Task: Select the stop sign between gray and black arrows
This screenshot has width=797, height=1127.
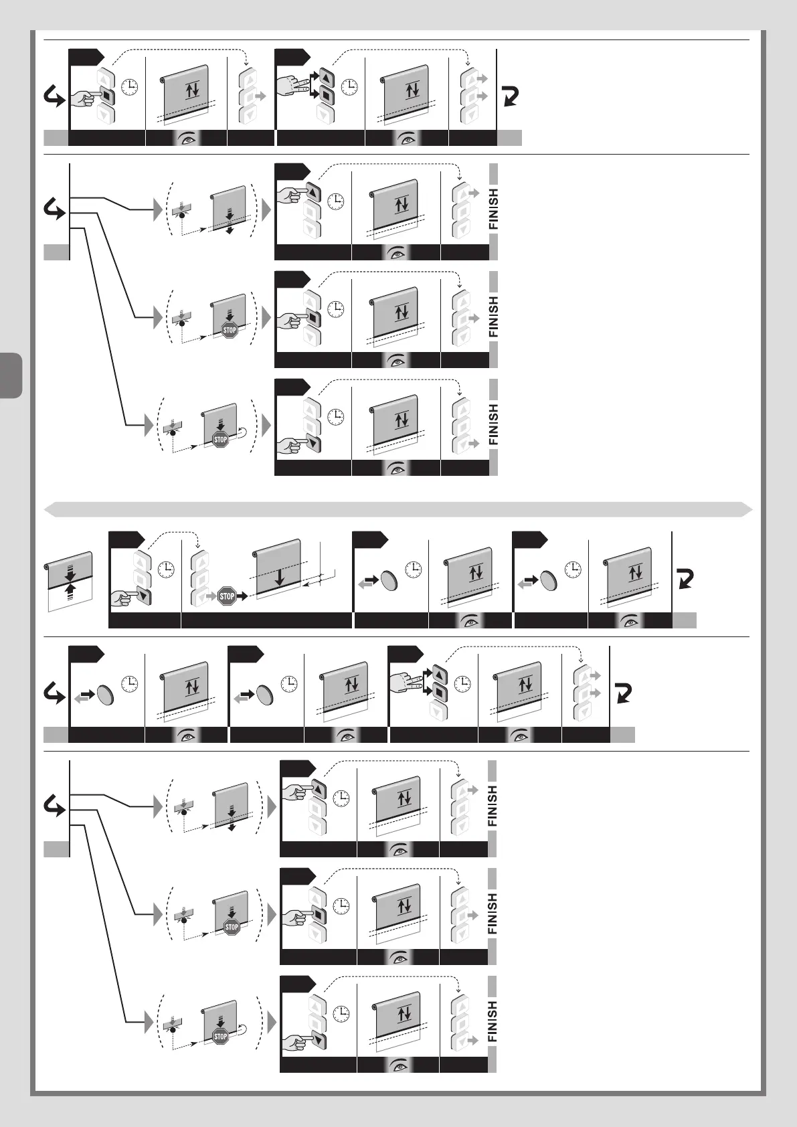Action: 228,595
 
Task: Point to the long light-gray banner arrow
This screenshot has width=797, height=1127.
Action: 398,509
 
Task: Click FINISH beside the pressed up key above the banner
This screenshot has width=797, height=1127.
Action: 493,209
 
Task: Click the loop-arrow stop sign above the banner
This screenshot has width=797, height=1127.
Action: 221,439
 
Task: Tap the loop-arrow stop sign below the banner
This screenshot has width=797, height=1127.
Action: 221,1037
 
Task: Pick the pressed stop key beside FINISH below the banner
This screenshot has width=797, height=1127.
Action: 318,913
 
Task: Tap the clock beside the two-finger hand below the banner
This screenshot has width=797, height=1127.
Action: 462,683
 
